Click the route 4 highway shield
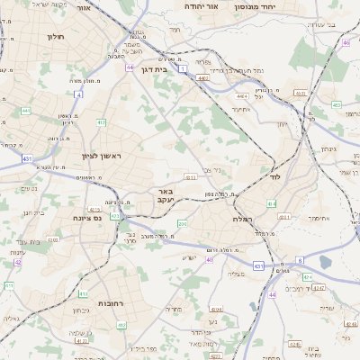(x=78, y=94)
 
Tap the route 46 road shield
(x=346, y=42)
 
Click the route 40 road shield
(x=210, y=259)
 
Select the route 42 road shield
(x=17, y=263)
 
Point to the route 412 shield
(x=101, y=122)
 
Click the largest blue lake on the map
(x=325, y=262)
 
